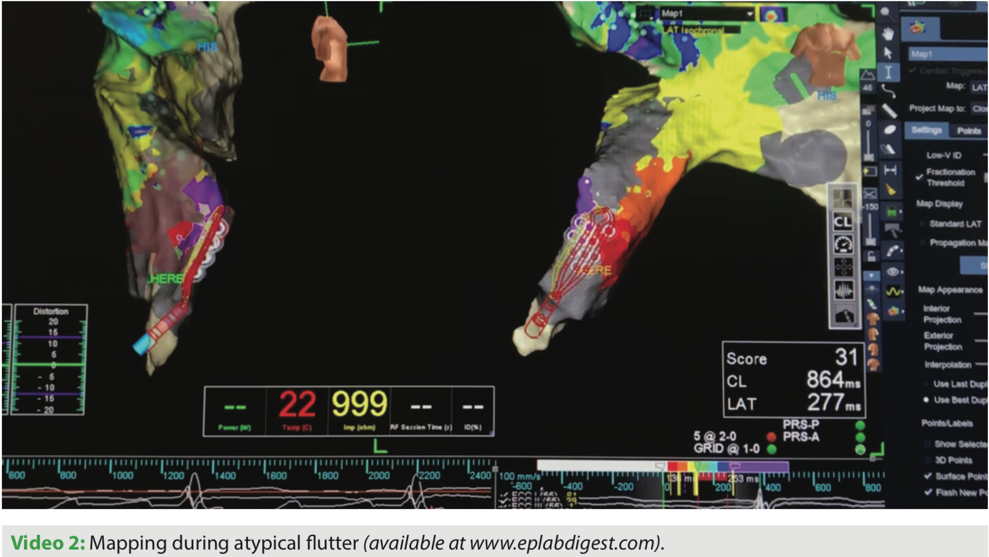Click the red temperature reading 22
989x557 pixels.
coord(297,405)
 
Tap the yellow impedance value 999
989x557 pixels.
coord(359,405)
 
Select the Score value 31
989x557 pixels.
coord(846,357)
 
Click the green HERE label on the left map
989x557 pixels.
coord(166,278)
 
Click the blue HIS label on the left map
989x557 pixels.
coord(207,47)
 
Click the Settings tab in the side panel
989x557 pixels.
coord(926,130)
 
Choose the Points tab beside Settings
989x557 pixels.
coord(968,130)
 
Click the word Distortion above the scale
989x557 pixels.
coord(51,311)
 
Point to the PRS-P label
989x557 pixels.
coord(801,424)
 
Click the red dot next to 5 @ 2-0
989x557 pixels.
coord(771,437)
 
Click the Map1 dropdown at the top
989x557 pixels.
coord(706,13)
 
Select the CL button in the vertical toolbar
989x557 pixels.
coord(843,221)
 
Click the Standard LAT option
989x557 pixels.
coord(955,224)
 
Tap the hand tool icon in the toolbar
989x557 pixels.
coord(887,33)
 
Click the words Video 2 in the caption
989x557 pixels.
coord(47,542)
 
